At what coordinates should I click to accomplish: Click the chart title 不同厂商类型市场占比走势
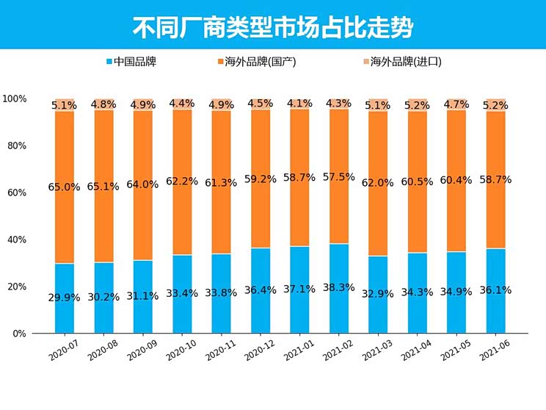click(x=272, y=27)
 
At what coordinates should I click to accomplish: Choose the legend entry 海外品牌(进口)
click(x=400, y=62)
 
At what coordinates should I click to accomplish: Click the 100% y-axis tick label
click(x=15, y=98)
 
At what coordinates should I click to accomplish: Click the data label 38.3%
click(x=339, y=289)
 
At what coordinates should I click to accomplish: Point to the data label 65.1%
click(x=103, y=187)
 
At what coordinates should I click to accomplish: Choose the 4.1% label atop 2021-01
click(x=299, y=104)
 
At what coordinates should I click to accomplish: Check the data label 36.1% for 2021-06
click(x=495, y=289)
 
